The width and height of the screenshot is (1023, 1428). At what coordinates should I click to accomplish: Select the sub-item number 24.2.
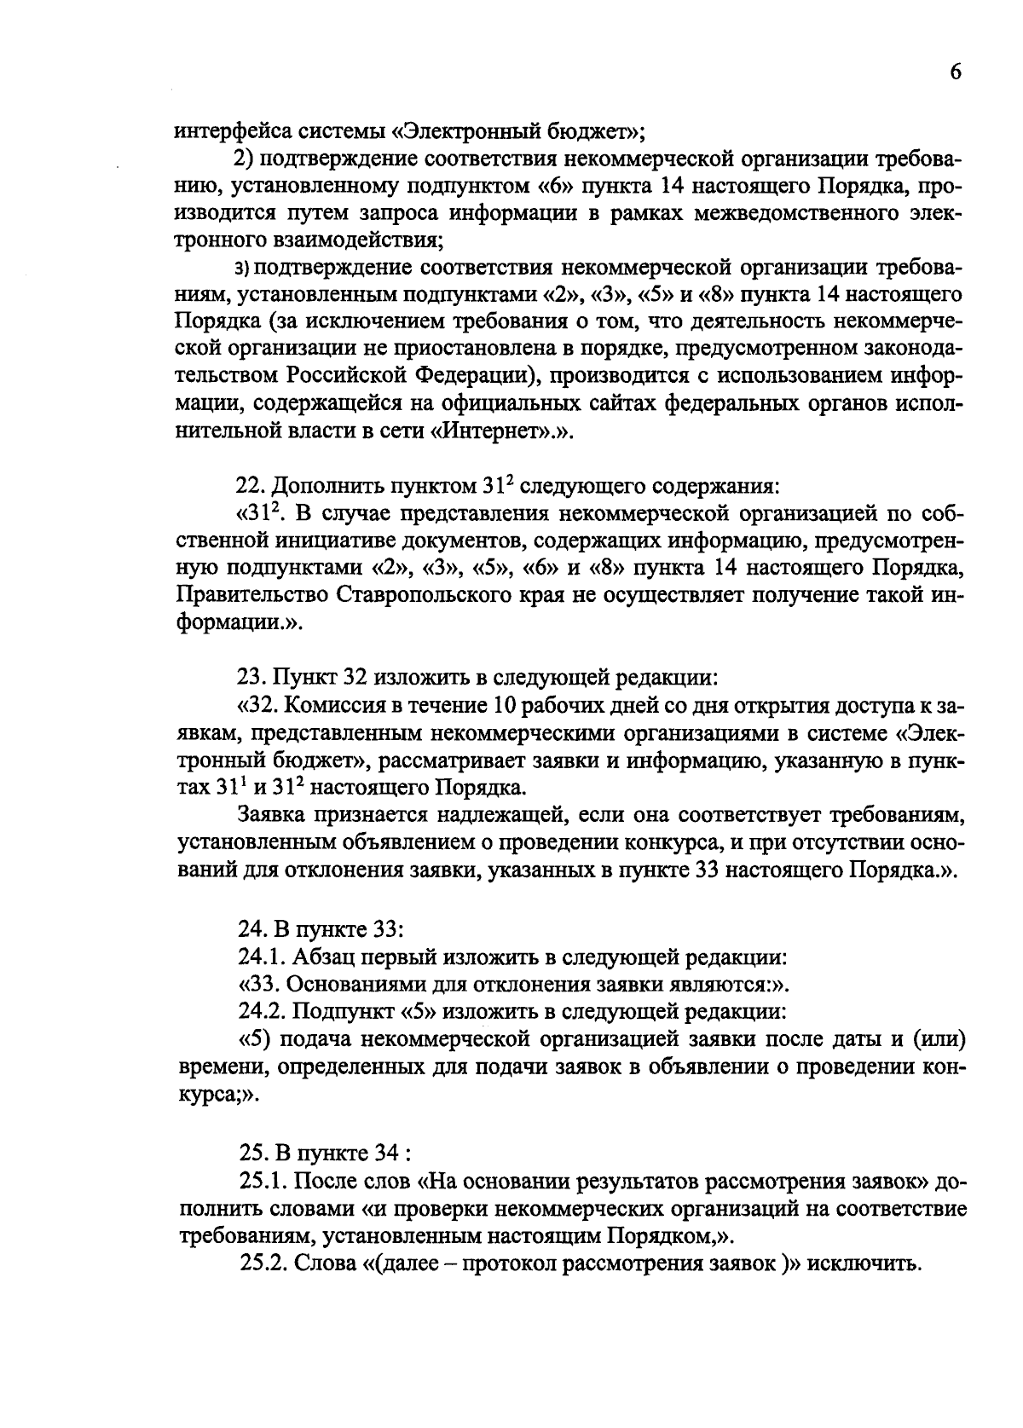pos(259,1011)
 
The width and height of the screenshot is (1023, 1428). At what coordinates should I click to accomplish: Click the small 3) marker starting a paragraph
pos(241,269)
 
